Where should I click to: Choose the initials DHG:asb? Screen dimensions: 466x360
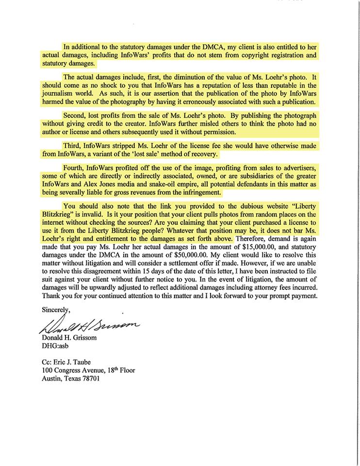56,347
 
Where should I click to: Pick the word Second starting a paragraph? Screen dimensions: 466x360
75,116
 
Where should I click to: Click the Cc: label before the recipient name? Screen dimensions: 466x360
47,362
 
